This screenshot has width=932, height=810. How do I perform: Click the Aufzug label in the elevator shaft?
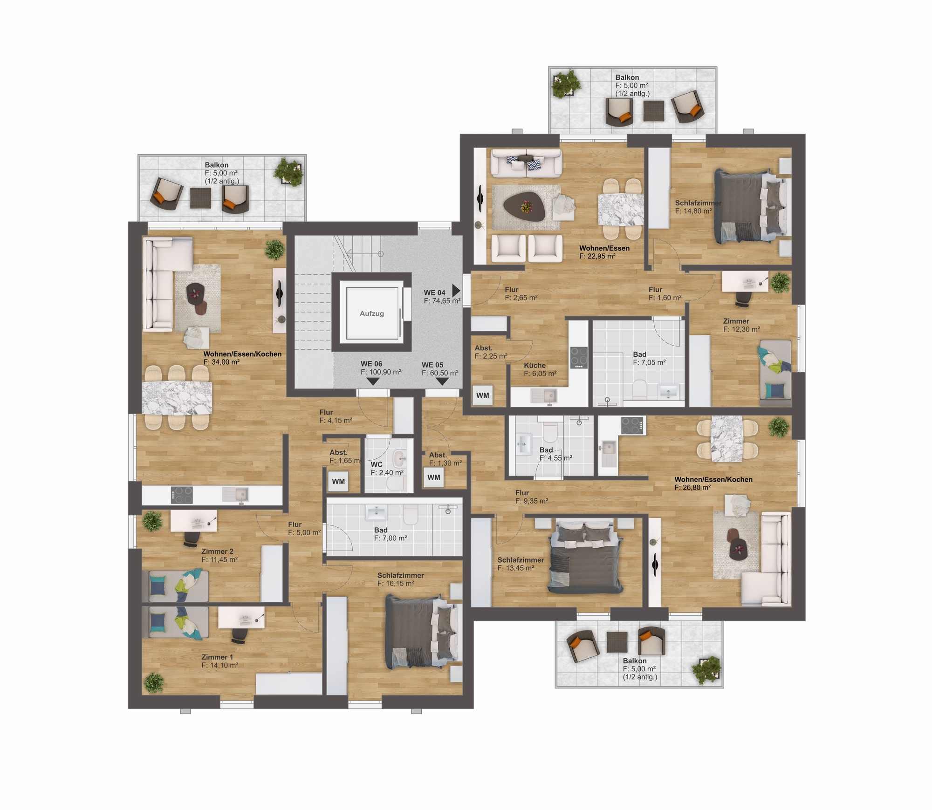pos(371,313)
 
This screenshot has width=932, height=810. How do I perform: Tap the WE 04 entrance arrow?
pos(456,291)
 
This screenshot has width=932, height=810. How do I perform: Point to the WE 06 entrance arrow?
pos(373,381)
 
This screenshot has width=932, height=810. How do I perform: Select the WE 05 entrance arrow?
pos(442,381)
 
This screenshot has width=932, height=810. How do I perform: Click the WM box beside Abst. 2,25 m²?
pos(483,395)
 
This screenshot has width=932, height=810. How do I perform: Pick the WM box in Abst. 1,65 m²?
pos(338,481)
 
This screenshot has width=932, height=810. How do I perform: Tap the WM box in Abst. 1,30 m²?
pos(433,477)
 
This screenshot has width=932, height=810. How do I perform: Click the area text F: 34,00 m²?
pos(221,362)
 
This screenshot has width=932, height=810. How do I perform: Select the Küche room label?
pos(535,365)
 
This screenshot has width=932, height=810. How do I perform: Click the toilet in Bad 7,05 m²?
pos(640,389)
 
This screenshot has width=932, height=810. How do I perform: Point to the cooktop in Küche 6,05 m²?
pos(579,358)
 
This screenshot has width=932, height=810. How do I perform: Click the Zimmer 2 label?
pos(217,551)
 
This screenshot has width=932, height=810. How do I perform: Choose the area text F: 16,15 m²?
pos(396,583)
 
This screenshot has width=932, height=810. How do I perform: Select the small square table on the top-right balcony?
pos(653,111)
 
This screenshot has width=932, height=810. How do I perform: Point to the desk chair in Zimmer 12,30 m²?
pos(743,299)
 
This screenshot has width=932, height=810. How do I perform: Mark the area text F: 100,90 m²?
pos(381,372)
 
